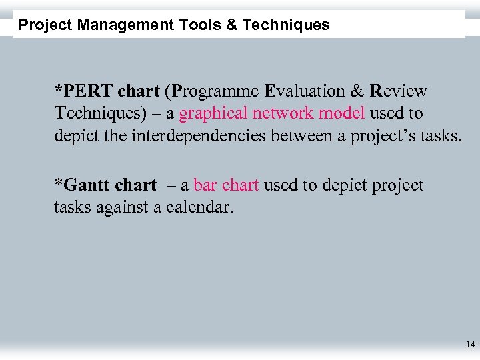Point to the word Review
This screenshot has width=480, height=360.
(x=399, y=91)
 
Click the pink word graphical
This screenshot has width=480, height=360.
(x=213, y=114)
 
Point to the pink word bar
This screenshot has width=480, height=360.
(x=204, y=185)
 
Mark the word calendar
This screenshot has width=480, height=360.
(x=199, y=207)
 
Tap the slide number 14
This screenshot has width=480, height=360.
(x=471, y=345)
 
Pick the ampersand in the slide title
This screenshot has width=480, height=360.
(x=230, y=25)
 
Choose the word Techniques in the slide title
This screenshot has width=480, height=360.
(x=286, y=25)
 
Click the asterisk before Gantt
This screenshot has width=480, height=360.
(x=58, y=183)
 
